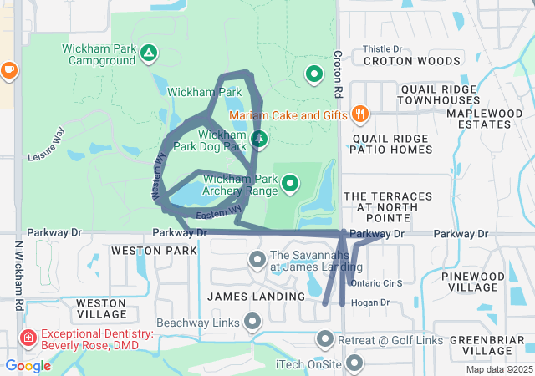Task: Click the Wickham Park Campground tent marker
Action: point(148,54)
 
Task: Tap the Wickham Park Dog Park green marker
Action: point(259,139)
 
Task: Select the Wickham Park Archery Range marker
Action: point(290,182)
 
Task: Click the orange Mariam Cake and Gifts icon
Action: point(360,114)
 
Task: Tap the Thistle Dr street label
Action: point(382,49)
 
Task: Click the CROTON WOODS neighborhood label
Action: point(411,61)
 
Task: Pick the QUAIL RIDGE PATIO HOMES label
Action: point(392,144)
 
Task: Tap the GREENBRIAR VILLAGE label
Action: point(486,346)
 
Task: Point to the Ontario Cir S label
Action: point(377,283)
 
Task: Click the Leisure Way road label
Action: point(46,145)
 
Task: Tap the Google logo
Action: point(28,366)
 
